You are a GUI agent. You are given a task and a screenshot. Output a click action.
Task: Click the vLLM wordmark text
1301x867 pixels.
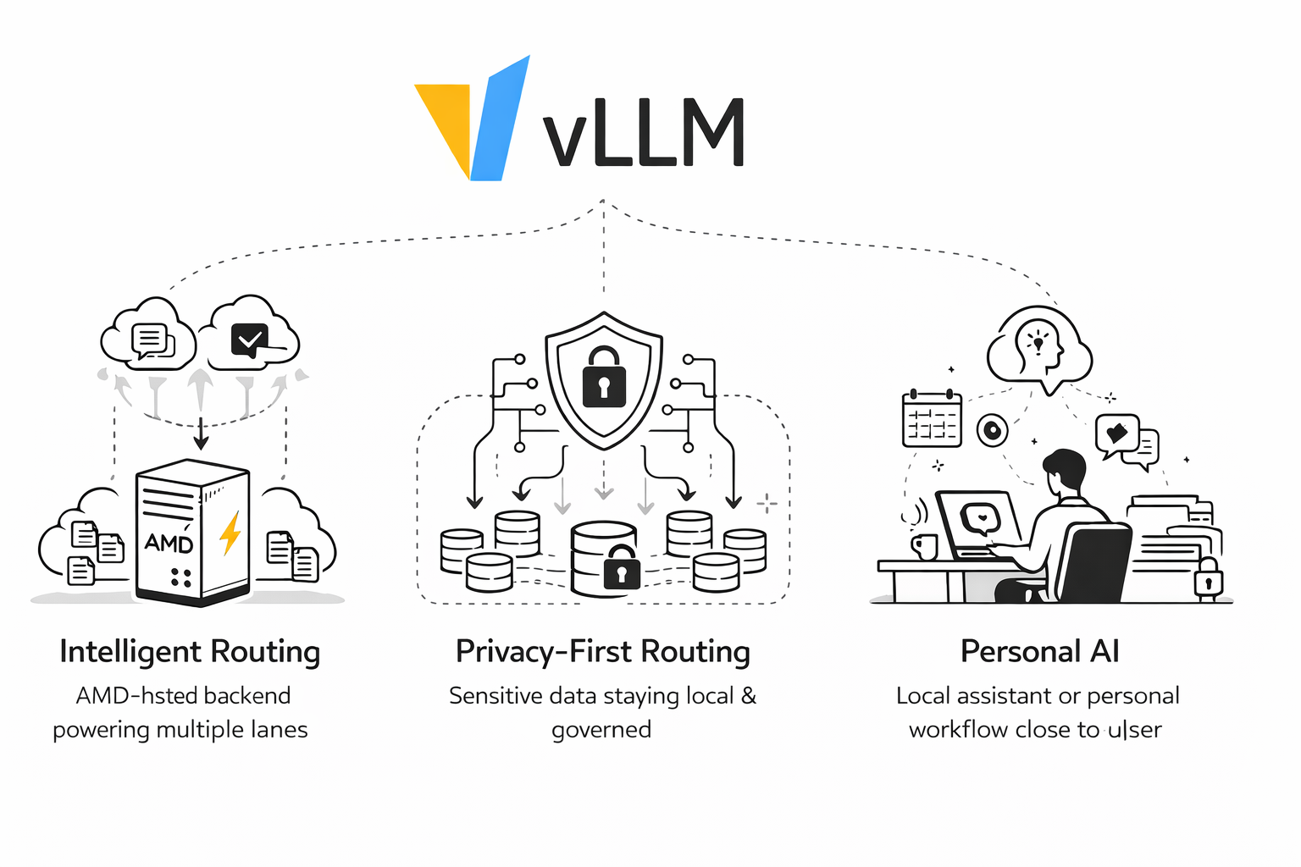(644, 133)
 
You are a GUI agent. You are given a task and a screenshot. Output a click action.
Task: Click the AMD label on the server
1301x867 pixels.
(169, 542)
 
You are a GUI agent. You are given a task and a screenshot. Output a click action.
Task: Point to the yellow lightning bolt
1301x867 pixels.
(230, 533)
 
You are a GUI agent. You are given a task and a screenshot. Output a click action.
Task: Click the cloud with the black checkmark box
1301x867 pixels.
(252, 339)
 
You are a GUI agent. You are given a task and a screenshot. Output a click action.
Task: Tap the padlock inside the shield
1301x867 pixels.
(604, 378)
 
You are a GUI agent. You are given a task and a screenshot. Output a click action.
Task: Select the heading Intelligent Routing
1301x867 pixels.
(190, 652)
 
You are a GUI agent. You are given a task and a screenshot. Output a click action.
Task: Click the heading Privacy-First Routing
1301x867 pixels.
(603, 652)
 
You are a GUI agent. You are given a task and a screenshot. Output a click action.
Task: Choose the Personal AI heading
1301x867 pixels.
(1039, 652)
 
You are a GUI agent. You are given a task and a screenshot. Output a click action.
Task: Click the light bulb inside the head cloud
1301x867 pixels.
(1038, 340)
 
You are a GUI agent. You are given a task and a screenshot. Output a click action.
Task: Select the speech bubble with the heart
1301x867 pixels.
(1117, 433)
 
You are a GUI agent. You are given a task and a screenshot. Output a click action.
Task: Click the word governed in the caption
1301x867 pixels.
(601, 730)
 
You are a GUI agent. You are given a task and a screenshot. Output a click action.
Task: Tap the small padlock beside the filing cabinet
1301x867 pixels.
(1208, 579)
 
